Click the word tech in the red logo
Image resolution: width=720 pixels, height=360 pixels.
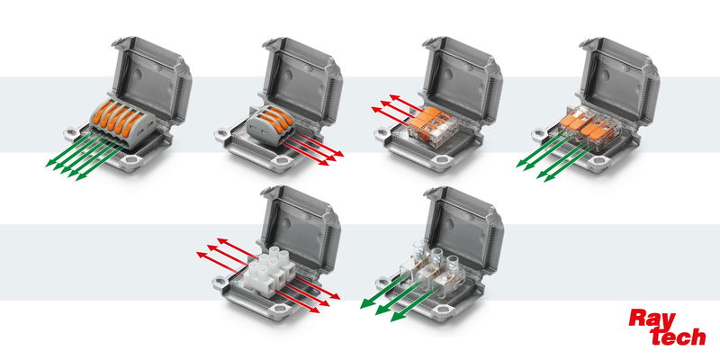(x=679, y=337)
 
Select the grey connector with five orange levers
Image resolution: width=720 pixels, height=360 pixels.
(x=122, y=122)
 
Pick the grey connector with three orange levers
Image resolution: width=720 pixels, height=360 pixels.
(x=272, y=125)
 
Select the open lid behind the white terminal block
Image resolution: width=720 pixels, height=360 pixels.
(x=301, y=228)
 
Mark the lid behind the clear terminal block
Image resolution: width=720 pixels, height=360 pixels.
(x=463, y=229)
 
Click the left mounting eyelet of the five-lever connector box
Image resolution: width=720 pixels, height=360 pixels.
(x=72, y=134)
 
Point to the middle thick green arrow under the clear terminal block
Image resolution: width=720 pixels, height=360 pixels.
(x=400, y=298)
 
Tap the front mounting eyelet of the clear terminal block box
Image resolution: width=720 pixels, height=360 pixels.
(x=442, y=310)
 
